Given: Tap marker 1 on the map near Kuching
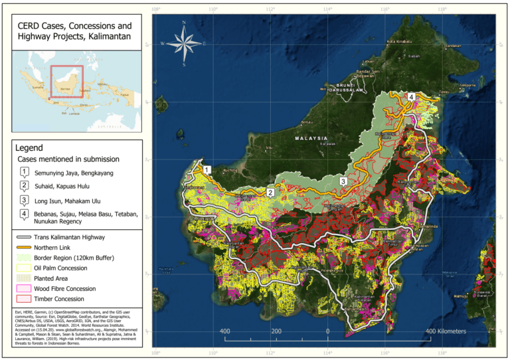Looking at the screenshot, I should [207, 170].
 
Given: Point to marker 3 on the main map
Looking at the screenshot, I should [343, 181].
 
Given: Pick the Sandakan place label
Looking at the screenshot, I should [452, 46].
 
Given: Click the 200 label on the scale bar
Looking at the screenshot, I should [276, 330].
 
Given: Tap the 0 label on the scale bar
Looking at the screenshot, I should [327, 330].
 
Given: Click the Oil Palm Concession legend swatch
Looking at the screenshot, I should [23, 268].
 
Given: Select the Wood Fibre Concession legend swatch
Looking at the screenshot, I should [23, 288].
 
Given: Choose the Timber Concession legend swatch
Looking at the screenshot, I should [23, 299].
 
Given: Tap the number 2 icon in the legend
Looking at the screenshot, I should [24, 185].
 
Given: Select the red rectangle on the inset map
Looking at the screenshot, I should [66, 81].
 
